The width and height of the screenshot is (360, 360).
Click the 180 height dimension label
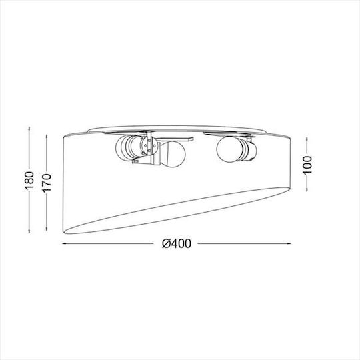click(x=29, y=181)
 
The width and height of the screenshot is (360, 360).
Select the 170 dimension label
click(x=47, y=182)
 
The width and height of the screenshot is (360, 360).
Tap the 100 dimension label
click(x=307, y=165)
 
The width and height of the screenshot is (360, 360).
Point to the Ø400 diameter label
click(x=176, y=243)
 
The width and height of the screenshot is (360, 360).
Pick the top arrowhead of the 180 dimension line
click(x=29, y=129)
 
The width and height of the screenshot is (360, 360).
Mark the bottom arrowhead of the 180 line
click(x=29, y=231)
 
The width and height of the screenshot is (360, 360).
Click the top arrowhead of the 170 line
click(x=47, y=137)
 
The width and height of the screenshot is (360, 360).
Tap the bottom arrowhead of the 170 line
click(x=47, y=228)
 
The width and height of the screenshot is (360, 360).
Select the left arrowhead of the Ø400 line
click(x=65, y=243)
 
